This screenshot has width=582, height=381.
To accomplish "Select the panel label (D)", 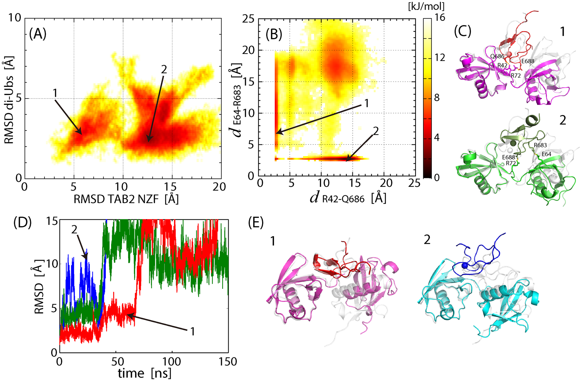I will (22, 223).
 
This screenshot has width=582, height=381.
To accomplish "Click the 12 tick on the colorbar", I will (440, 57).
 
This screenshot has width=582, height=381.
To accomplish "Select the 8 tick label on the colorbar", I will (437, 97).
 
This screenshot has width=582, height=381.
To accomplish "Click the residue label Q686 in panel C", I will (497, 56).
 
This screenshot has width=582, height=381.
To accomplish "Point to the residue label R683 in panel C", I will (540, 145).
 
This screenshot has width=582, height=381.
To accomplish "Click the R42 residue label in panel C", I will (502, 65).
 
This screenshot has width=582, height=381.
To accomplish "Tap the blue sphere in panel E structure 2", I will (465, 265).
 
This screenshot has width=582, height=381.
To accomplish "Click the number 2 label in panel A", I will (164, 70).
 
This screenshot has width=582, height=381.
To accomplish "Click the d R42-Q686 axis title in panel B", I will (348, 198).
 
